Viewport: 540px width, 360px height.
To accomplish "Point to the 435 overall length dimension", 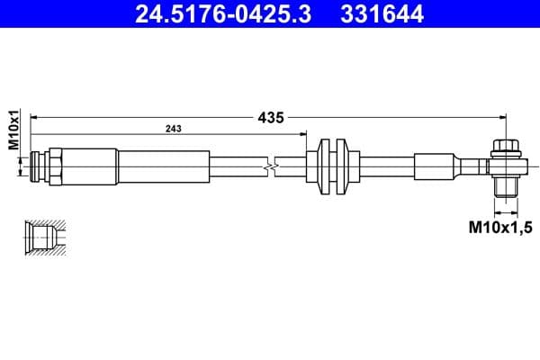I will pyautogui.click(x=272, y=117).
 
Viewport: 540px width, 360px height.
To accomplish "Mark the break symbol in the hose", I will pyautogui.click(x=269, y=166).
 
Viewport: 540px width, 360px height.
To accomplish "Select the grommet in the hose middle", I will pyautogui.click(x=332, y=166).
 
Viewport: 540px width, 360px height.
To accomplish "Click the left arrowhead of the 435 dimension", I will pyautogui.click(x=35, y=117).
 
